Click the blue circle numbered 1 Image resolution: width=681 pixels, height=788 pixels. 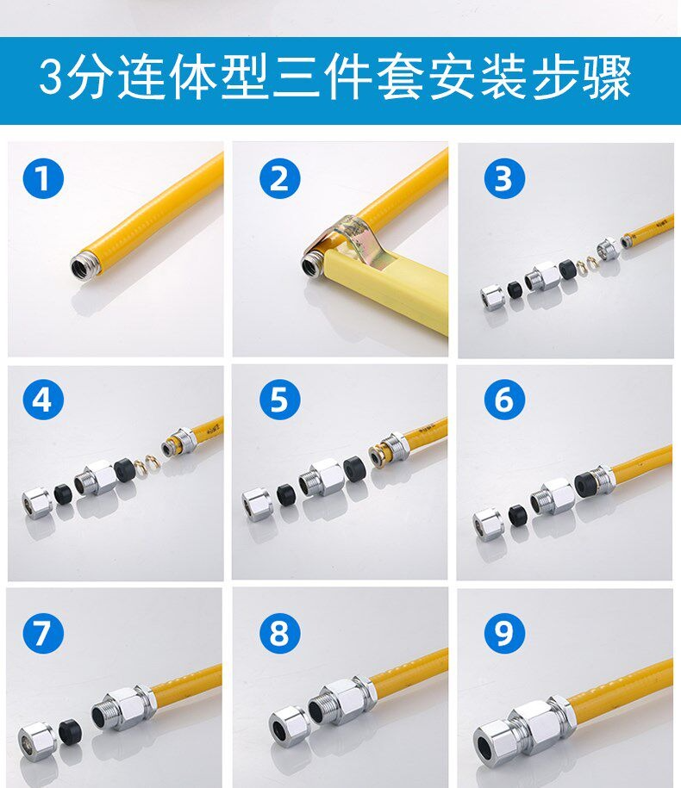[43, 178]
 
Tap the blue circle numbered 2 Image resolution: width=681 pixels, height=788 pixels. [279, 178]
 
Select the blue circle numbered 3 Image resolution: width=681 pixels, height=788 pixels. [504, 178]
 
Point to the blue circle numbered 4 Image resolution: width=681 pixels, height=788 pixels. [43, 400]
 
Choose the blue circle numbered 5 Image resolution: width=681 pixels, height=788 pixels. [279, 400]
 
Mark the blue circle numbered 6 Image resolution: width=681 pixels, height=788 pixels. [504, 400]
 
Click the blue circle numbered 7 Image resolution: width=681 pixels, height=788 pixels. [43, 633]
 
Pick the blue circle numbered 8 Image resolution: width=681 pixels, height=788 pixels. [279, 633]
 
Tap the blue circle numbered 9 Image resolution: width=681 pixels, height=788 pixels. [504, 633]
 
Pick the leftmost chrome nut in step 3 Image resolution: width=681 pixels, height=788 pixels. [492, 298]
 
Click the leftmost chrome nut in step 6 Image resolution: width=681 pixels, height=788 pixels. [488, 524]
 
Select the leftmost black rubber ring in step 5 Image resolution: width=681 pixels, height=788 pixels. [287, 494]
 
